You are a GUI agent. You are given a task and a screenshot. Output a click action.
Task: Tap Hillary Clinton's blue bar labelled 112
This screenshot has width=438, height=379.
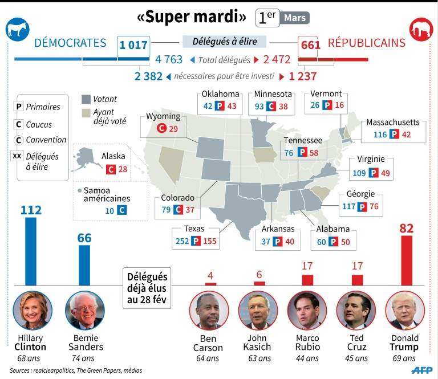[x=31, y=251]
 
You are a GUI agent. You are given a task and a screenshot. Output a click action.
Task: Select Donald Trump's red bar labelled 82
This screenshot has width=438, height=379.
[x=406, y=259]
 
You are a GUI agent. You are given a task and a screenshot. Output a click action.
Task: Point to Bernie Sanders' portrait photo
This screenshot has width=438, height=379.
[x=84, y=311]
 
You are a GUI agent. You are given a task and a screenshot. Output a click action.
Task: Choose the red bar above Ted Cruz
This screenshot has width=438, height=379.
[x=357, y=280]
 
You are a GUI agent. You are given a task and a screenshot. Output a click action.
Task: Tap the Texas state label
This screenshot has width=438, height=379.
[x=194, y=229]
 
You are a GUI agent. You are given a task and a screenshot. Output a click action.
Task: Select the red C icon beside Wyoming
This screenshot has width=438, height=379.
[x=161, y=129]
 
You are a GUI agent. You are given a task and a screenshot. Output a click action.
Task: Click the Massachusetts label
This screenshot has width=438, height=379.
[x=392, y=123]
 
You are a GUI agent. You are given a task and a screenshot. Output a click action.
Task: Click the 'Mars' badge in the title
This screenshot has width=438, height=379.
[x=295, y=18]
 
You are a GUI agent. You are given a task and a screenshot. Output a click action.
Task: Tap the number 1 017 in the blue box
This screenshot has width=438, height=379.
[x=134, y=44]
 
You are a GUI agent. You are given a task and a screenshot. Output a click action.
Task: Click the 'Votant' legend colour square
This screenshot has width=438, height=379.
[x=86, y=99]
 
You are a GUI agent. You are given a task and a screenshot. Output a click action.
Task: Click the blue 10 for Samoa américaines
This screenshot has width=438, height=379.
[x=109, y=210]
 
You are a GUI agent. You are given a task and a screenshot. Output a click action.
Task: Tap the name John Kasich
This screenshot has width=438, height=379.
[x=258, y=341]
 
